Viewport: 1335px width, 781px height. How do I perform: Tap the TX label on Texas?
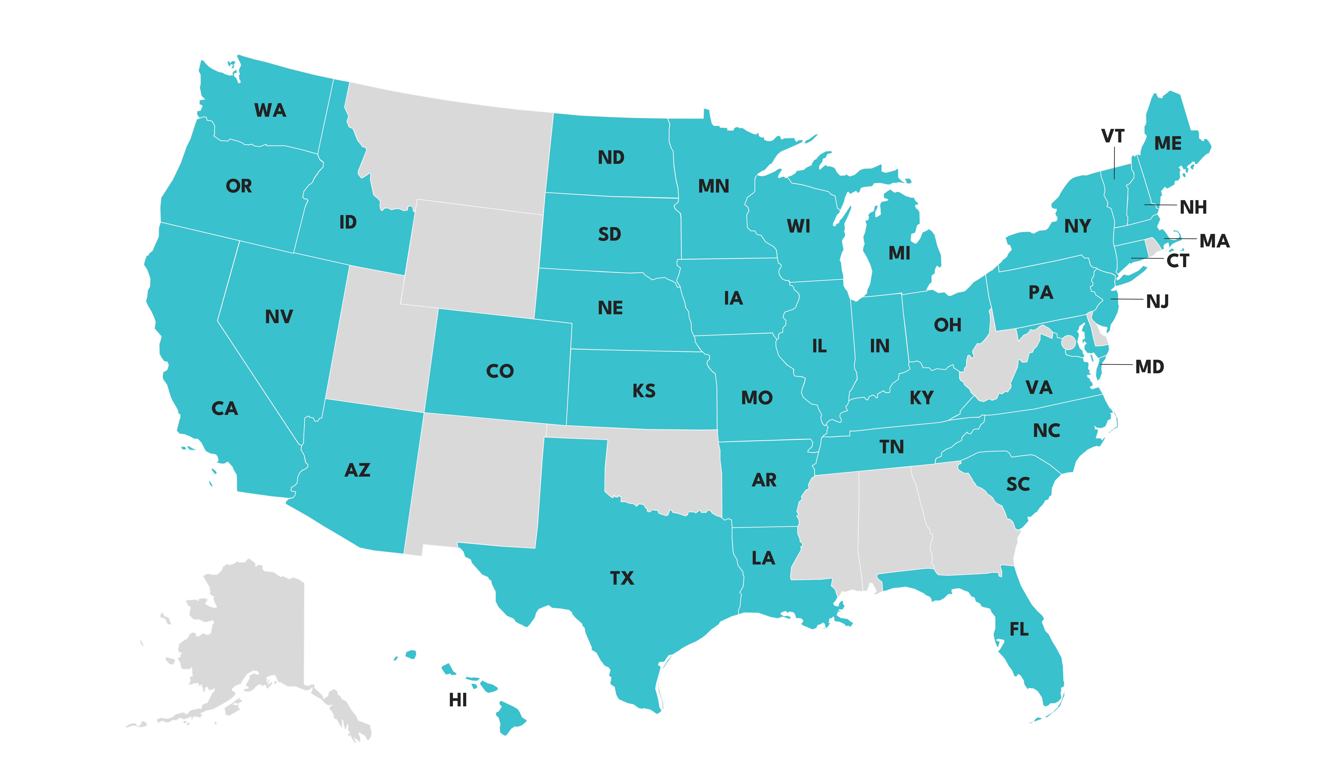(x=622, y=578)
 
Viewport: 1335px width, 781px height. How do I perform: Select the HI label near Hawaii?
(x=458, y=700)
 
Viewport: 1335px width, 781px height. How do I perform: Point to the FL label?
(x=1019, y=629)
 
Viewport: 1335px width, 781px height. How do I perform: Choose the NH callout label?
(x=1193, y=207)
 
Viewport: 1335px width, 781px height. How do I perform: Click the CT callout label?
(x=1178, y=261)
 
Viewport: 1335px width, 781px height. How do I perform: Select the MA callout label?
(x=1214, y=241)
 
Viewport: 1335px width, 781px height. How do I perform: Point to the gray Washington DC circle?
(x=1069, y=342)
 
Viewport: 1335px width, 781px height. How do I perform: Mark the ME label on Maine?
(x=1168, y=144)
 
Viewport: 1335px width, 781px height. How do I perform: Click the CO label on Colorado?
(x=500, y=371)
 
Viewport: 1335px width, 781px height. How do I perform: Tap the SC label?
(x=1018, y=484)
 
